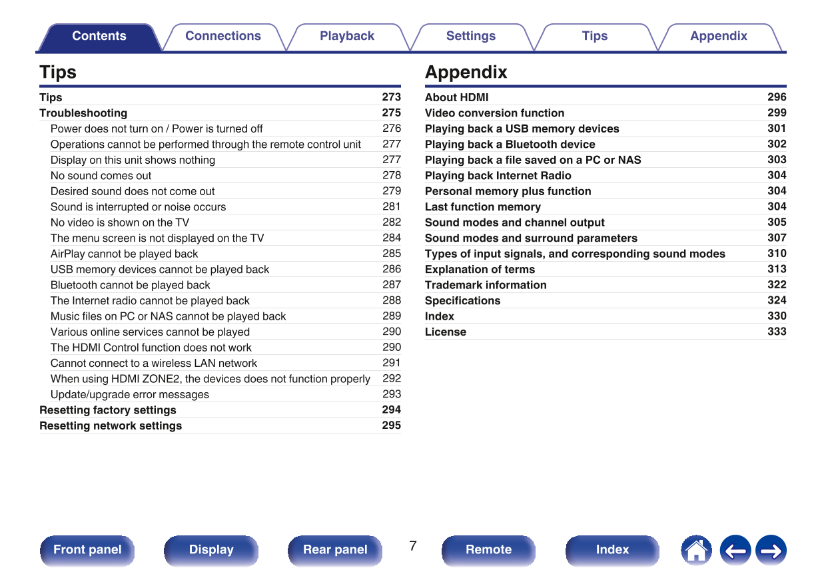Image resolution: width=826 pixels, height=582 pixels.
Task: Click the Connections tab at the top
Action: tap(222, 37)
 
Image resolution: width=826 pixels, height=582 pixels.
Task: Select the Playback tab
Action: tap(346, 37)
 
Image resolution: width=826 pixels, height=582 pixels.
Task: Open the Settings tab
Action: tap(470, 37)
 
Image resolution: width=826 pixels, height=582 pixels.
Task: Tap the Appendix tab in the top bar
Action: tap(718, 37)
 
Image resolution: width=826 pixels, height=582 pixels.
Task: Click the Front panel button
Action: tap(87, 550)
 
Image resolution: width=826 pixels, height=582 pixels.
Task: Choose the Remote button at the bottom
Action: tap(488, 550)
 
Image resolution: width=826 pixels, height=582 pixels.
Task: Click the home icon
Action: tap(696, 551)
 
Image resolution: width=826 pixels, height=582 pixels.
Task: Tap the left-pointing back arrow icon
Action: tap(735, 551)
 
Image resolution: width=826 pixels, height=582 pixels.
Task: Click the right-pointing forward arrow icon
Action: tap(771, 551)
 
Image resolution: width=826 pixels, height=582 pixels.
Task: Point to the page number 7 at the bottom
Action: tap(413, 547)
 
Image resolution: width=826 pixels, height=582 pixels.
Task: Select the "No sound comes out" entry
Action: tap(101, 176)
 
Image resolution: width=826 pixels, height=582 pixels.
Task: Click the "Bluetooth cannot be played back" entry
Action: tap(131, 285)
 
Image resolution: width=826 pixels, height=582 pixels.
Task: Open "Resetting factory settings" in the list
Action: tap(108, 410)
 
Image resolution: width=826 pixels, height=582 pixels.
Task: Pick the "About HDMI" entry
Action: tap(456, 97)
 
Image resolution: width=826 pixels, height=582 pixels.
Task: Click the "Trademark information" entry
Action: tap(486, 285)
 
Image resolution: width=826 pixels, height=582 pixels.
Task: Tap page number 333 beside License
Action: tap(777, 332)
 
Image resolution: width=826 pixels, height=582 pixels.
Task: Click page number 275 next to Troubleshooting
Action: tap(391, 113)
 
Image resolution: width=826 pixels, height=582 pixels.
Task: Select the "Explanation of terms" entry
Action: tap(480, 270)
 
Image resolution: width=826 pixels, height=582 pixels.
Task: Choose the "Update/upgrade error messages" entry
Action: tap(130, 395)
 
